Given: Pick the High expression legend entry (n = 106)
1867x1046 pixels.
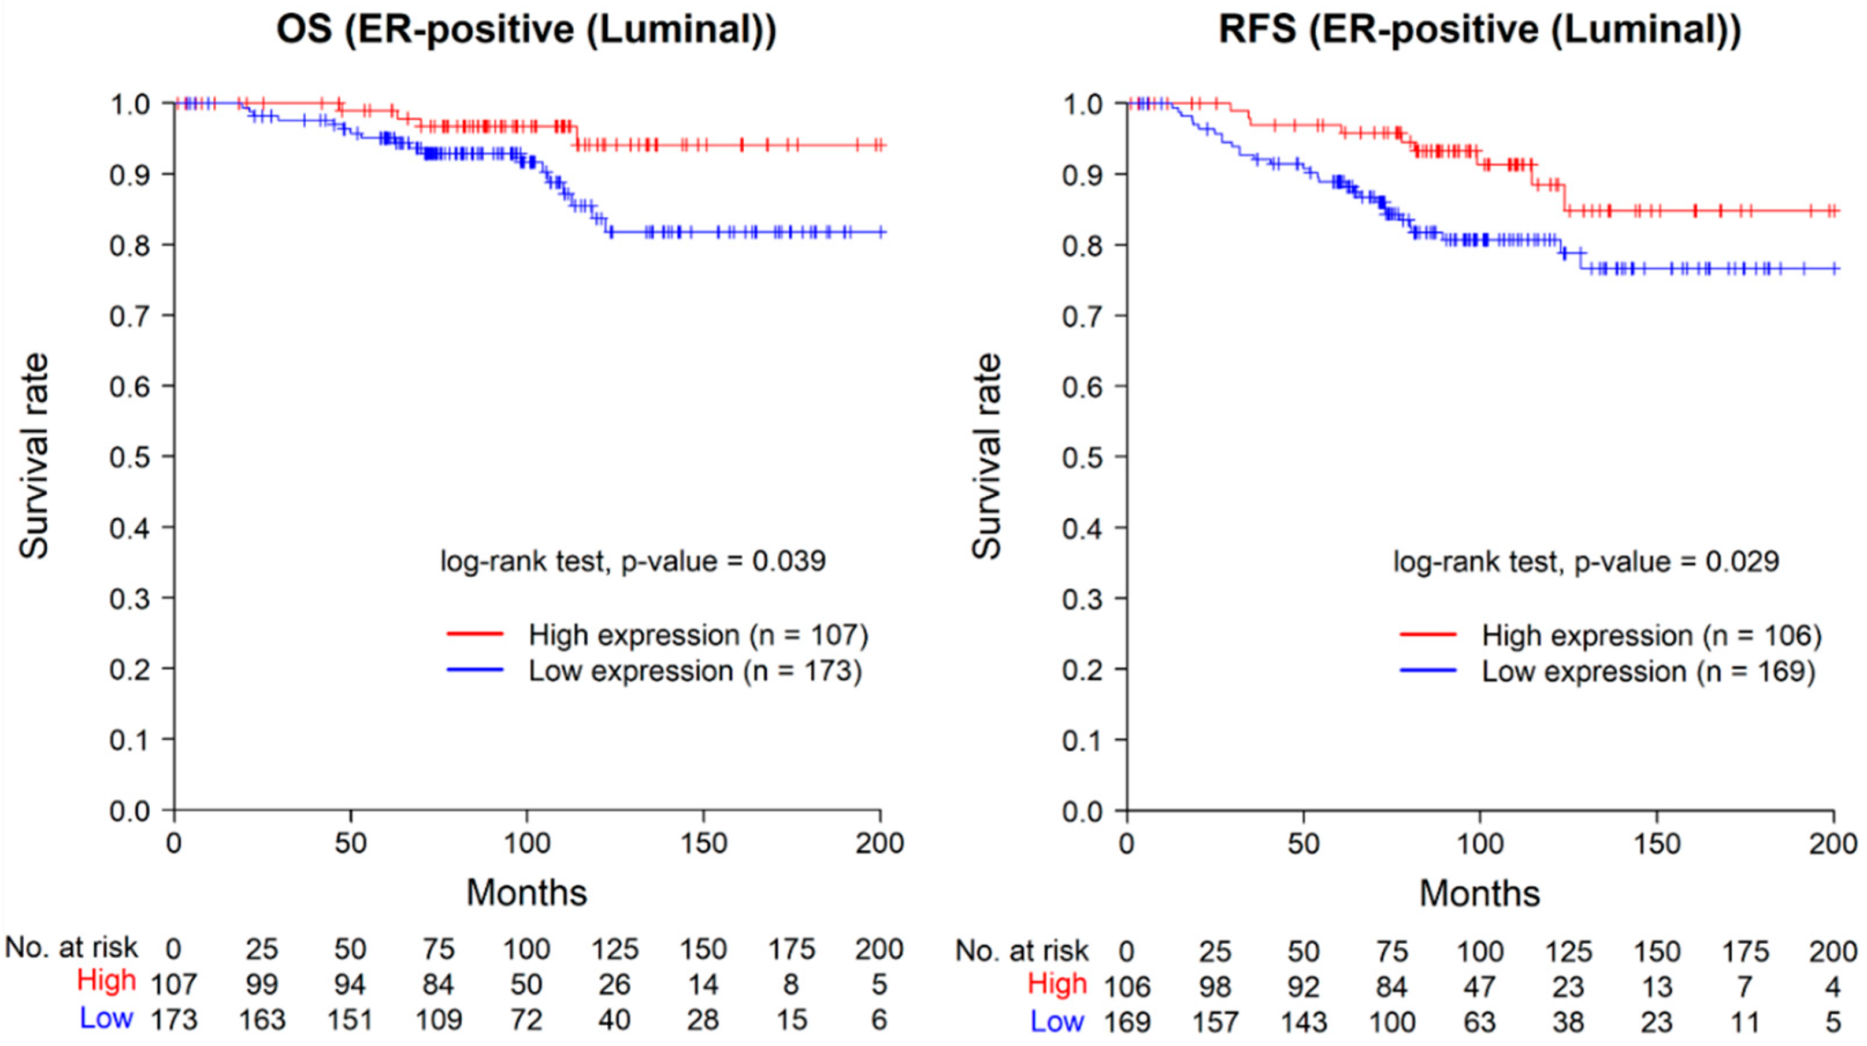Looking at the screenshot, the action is (x=1611, y=635).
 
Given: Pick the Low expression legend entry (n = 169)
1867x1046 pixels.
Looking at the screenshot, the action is (x=1608, y=672).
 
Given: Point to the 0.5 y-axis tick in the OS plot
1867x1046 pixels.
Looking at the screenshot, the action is (x=130, y=457).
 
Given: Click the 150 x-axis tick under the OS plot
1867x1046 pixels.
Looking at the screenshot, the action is (x=703, y=844).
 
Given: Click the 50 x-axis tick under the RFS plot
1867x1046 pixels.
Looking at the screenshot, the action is (x=1303, y=844).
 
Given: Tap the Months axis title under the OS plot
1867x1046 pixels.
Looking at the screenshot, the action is (x=527, y=892).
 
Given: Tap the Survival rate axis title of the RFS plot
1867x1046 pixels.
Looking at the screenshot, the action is (x=986, y=457).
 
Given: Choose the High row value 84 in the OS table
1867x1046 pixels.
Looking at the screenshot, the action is (x=438, y=984).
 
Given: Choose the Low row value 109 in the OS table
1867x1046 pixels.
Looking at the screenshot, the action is (x=438, y=1020).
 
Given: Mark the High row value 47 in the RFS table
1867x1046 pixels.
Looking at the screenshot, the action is (x=1480, y=986).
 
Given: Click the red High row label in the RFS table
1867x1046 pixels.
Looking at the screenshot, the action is (x=1057, y=984).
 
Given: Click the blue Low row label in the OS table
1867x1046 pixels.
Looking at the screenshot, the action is (x=106, y=1018).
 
